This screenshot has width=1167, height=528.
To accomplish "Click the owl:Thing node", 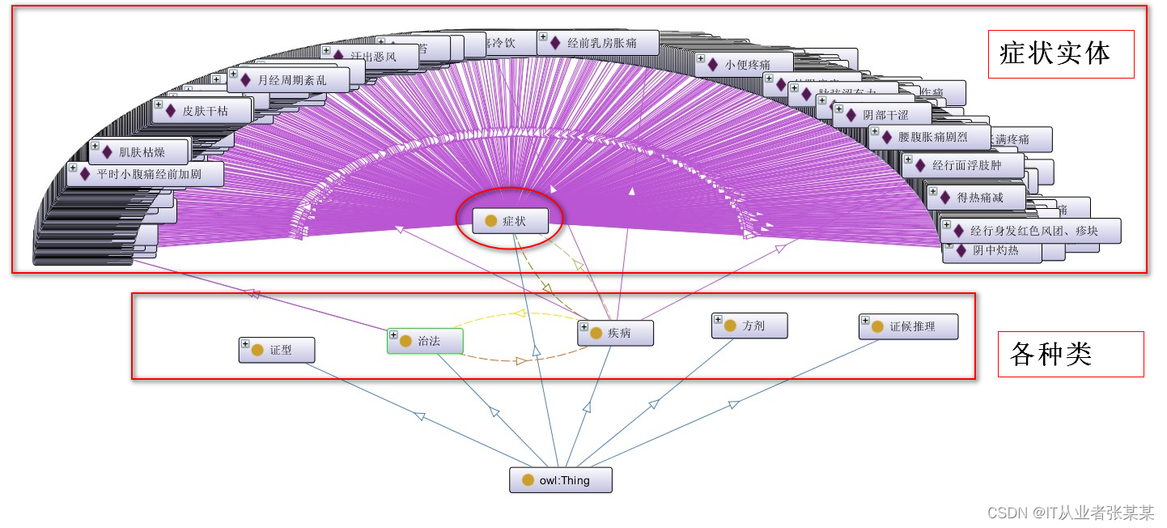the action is tap(560, 480).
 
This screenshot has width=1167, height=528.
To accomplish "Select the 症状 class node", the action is tap(511, 221).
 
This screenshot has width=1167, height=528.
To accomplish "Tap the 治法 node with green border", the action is tap(426, 342).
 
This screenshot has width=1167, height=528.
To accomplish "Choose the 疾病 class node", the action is tap(616, 333).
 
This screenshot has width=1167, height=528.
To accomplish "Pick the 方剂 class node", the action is tap(750, 326).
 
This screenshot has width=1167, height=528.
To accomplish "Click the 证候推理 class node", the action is tap(909, 326).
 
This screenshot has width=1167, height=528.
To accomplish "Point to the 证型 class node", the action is tap(277, 350).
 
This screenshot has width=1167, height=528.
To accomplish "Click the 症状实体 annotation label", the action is tap(1060, 53).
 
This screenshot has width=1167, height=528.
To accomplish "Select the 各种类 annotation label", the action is tap(1070, 354).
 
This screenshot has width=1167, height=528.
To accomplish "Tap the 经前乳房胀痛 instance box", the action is tap(599, 43).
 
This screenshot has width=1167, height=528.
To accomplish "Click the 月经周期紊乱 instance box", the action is tap(289, 80).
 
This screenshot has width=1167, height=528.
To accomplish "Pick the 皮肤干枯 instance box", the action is tap(202, 111).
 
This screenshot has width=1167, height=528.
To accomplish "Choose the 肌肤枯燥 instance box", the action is tap(138, 151).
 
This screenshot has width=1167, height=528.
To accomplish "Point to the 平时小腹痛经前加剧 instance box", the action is tap(146, 174).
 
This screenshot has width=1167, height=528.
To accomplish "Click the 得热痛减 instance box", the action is tap(977, 197).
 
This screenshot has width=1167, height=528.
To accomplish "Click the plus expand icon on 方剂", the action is tap(718, 321).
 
